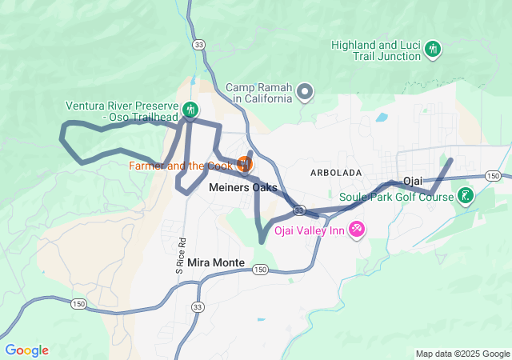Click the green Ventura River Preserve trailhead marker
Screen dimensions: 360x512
pyautogui.click(x=190, y=110)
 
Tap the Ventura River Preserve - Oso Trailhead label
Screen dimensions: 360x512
pyautogui.click(x=122, y=110)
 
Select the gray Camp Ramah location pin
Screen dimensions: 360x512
pyautogui.click(x=305, y=94)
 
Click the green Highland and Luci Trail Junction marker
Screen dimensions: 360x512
pyautogui.click(x=433, y=50)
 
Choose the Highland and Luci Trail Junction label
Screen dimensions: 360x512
pyautogui.click(x=375, y=50)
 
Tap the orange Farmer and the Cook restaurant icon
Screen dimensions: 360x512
pyautogui.click(x=245, y=165)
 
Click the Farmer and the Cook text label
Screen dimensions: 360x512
pyautogui.click(x=181, y=166)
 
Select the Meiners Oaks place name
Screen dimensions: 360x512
pyautogui.click(x=243, y=188)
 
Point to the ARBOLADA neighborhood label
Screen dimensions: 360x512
pyautogui.click(x=336, y=173)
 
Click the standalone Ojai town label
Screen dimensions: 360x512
pyautogui.click(x=413, y=181)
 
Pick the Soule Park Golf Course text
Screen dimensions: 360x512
pyautogui.click(x=396, y=197)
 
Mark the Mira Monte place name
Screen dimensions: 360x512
pyautogui.click(x=216, y=262)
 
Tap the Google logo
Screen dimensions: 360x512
pyautogui.click(x=26, y=350)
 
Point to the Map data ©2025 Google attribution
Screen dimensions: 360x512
pyautogui.click(x=462, y=354)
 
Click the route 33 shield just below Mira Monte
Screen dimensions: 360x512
pyautogui.click(x=198, y=307)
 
